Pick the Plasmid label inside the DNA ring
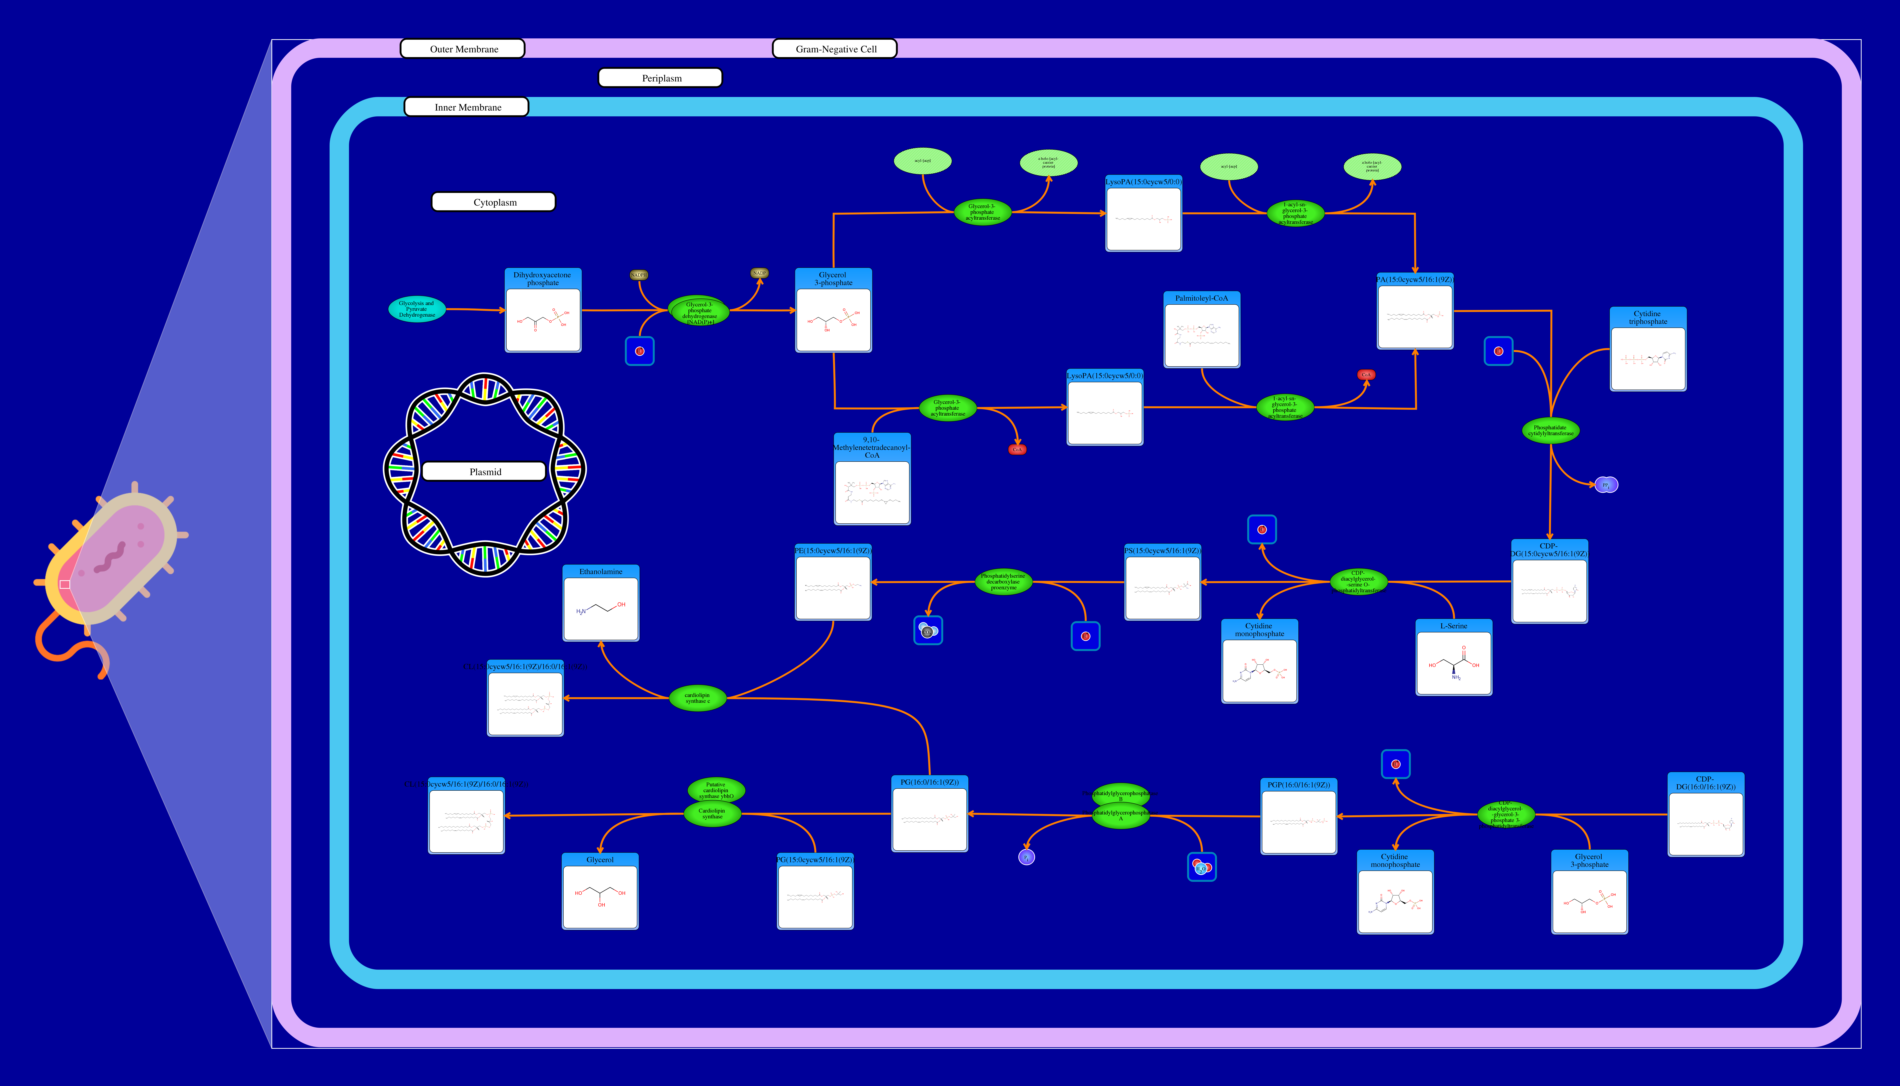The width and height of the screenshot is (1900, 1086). [485, 471]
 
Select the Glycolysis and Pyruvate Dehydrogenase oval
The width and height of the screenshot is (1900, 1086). [417, 309]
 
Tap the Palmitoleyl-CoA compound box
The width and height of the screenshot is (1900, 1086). [1201, 330]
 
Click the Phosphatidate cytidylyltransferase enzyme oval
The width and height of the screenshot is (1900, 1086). [1550, 430]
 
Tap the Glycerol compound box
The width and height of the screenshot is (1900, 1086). [599, 891]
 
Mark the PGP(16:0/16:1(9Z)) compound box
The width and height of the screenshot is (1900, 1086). [1298, 817]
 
